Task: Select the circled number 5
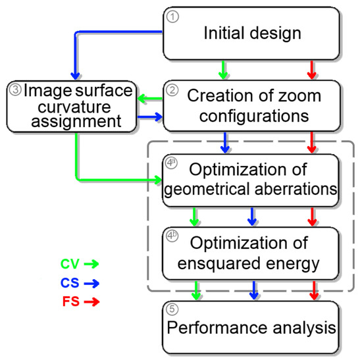(x=172, y=311)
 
